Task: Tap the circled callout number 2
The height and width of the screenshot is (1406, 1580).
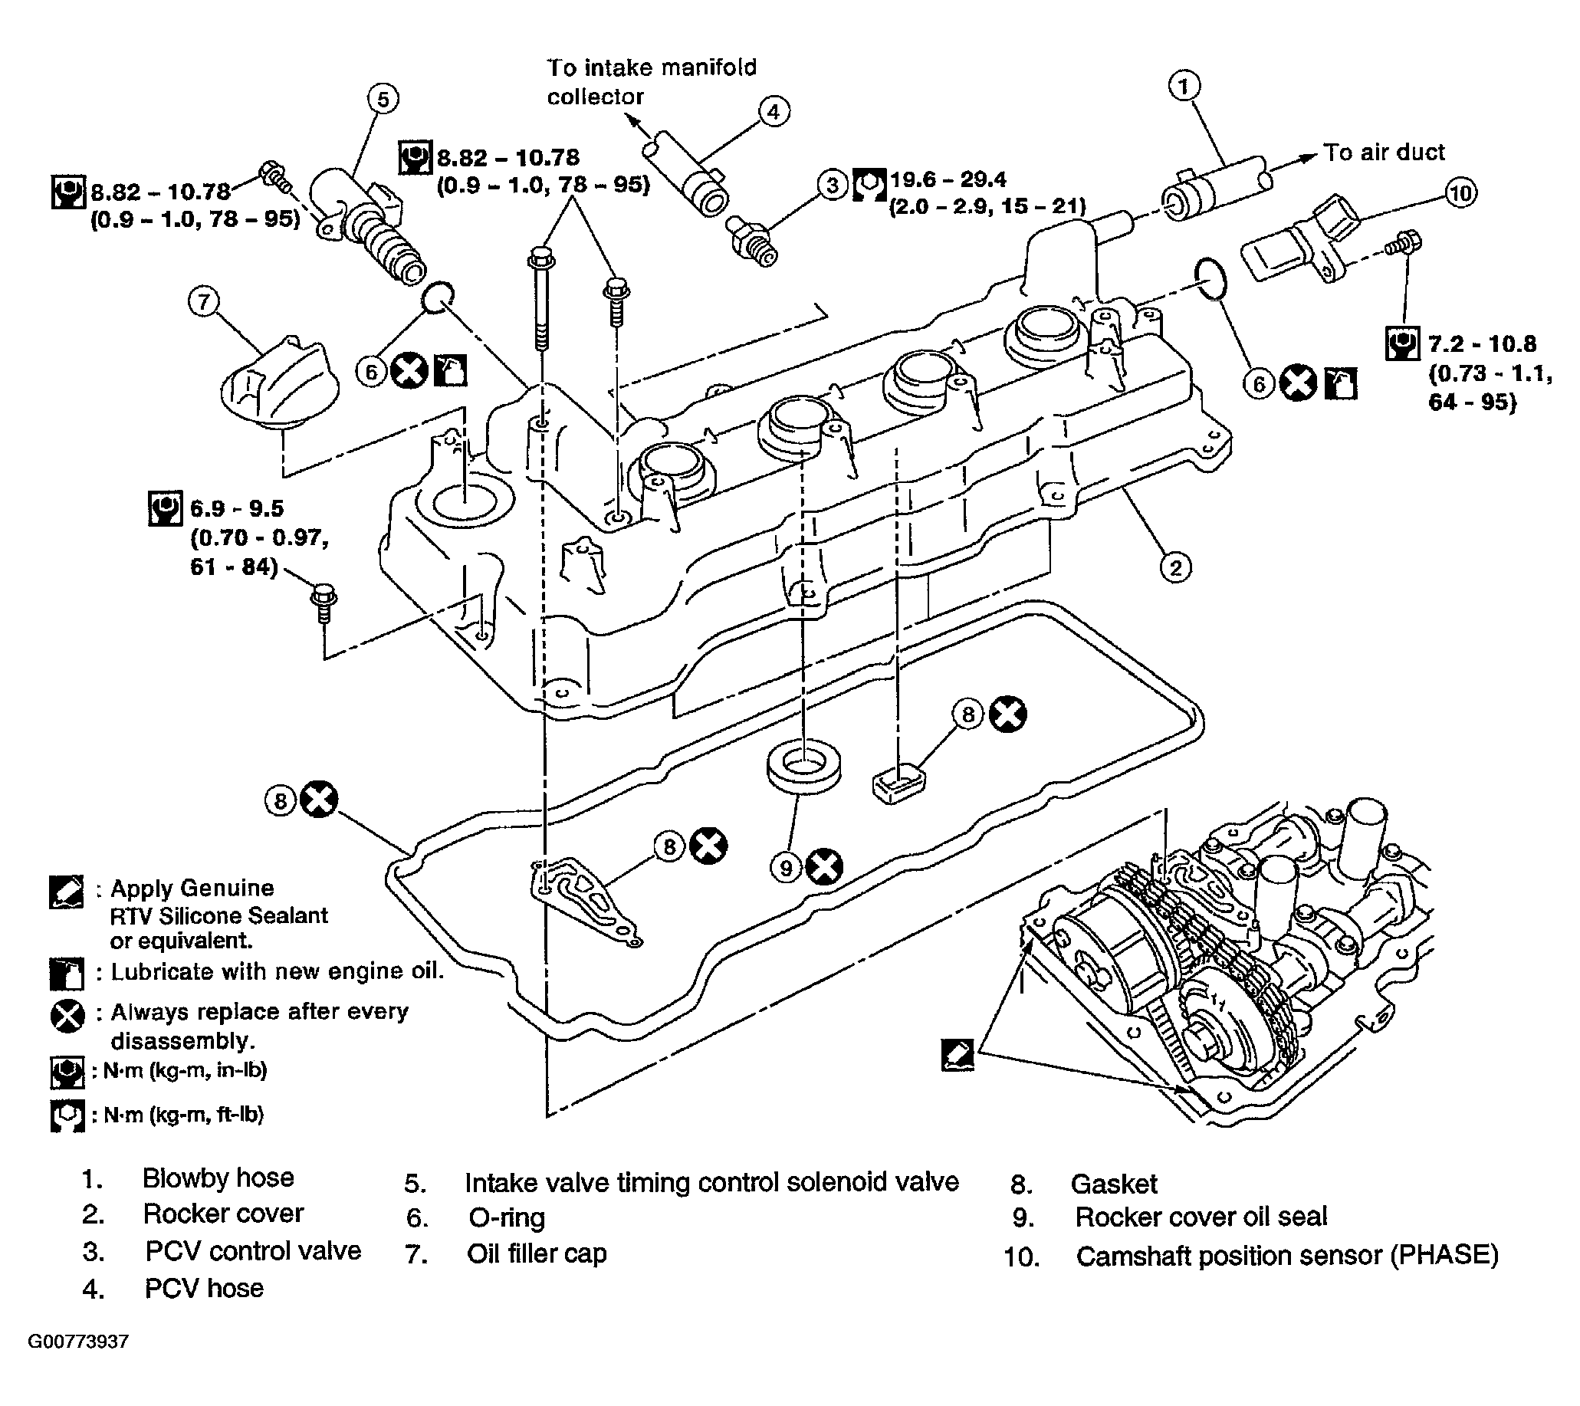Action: pos(1175,568)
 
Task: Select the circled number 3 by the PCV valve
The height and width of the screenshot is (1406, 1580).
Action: pos(833,186)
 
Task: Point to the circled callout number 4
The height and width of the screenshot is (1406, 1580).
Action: pos(774,112)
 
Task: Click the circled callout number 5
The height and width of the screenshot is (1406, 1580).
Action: pos(383,99)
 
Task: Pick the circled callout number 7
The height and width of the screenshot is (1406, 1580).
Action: pos(204,301)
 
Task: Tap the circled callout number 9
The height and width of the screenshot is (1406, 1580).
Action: pos(786,867)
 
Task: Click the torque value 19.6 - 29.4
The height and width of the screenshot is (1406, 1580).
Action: pos(948,180)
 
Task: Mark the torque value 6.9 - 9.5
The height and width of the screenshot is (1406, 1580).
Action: pos(238,508)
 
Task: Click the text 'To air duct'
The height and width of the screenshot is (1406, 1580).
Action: pos(1384,153)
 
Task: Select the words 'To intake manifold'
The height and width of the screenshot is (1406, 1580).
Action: pos(652,68)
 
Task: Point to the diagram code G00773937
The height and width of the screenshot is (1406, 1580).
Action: pos(78,1341)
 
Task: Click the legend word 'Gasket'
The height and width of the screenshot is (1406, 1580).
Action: pos(1114,1184)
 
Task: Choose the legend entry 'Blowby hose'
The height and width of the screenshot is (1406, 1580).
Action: pos(218,1178)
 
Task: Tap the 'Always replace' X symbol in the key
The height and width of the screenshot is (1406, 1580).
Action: pos(67,1016)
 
